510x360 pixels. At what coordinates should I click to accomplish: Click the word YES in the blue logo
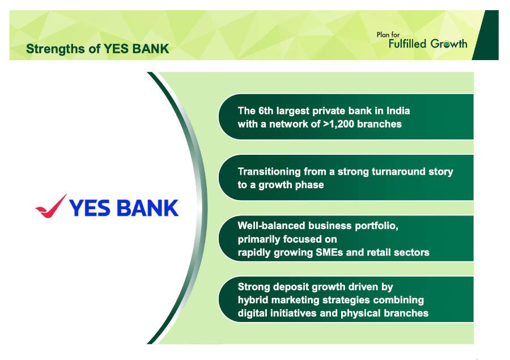click(90, 208)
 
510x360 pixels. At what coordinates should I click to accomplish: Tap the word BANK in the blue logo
click(147, 208)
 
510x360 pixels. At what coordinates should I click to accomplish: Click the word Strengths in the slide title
click(56, 49)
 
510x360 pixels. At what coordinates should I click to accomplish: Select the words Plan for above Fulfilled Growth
click(388, 35)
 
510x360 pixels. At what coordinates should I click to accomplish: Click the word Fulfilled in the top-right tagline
click(407, 44)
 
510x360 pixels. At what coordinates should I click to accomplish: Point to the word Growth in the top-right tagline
click(449, 44)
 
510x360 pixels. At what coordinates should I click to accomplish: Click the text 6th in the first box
click(266, 111)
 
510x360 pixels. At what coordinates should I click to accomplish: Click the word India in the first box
click(398, 111)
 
